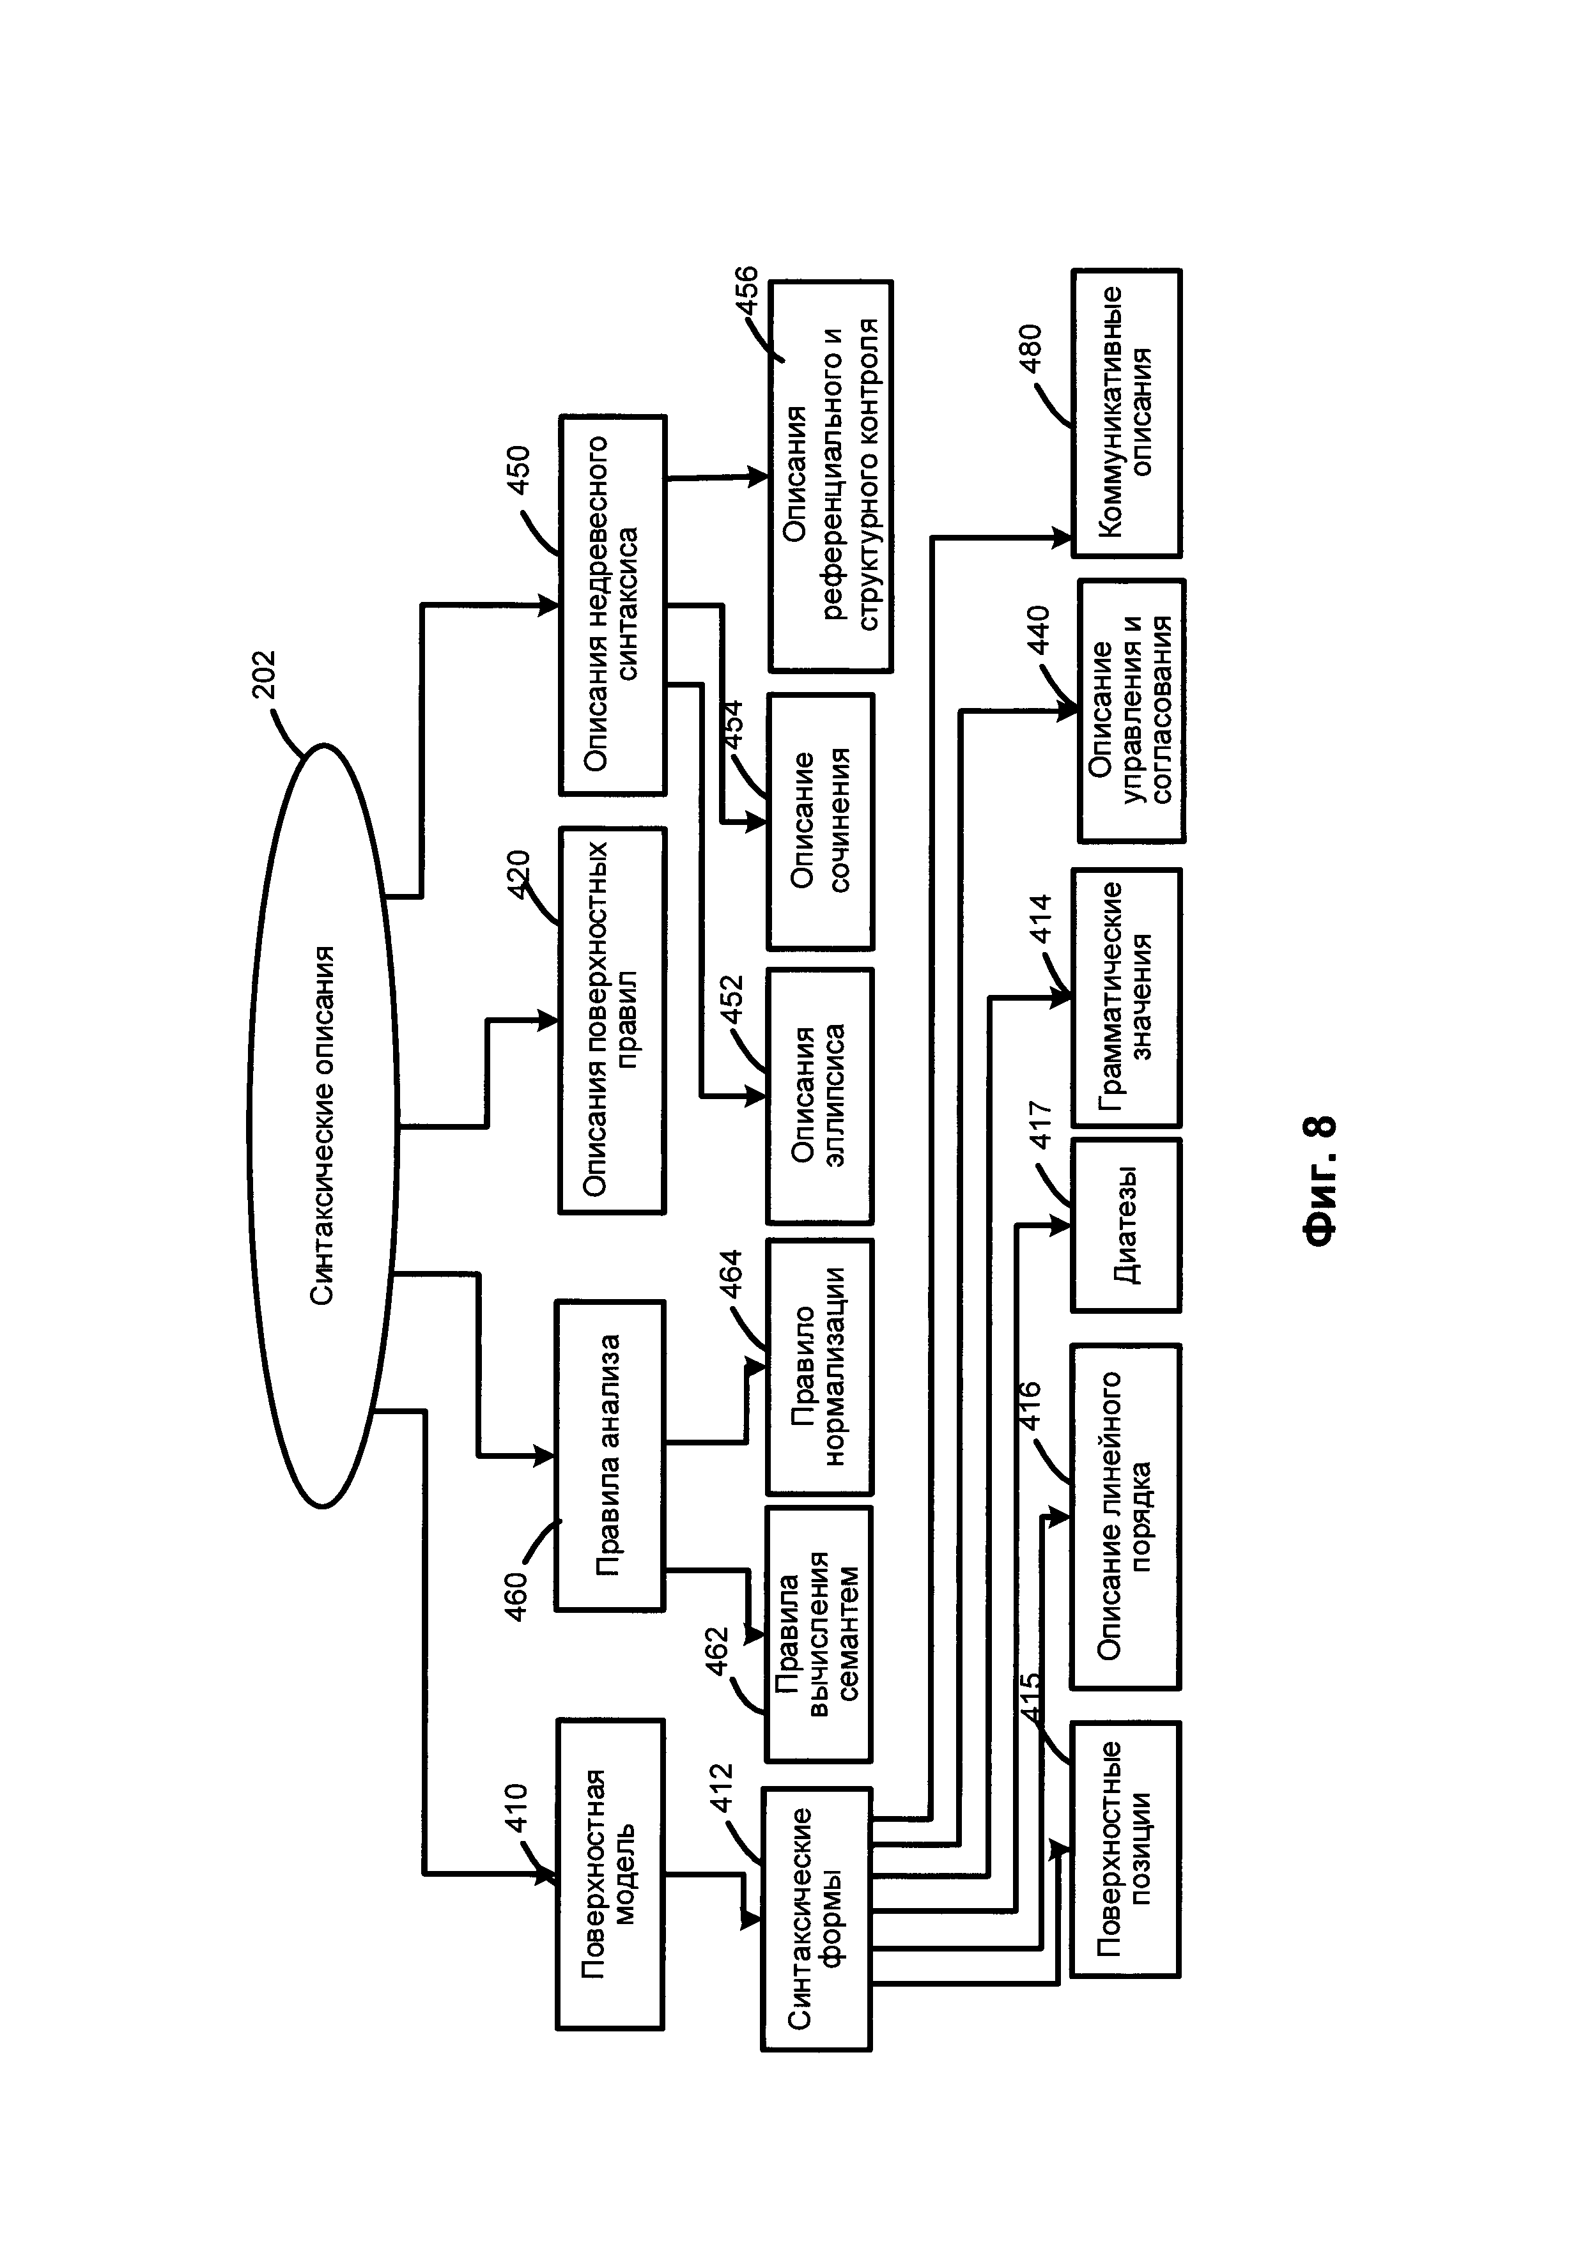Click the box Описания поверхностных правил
(612, 1020)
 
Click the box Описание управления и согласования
(1131, 711)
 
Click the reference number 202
(265, 674)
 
